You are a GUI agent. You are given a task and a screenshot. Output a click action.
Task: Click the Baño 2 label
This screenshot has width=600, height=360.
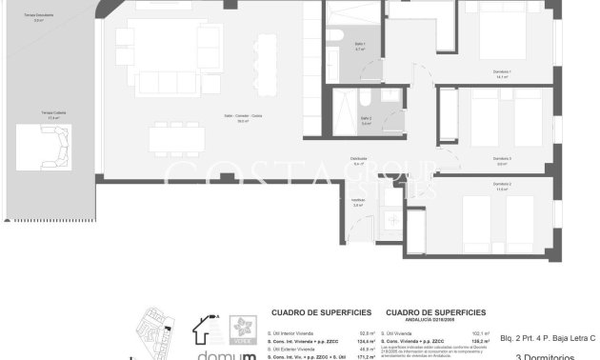[x=366, y=120]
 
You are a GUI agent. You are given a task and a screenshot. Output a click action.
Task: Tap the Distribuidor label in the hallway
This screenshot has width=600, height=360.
[x=358, y=161]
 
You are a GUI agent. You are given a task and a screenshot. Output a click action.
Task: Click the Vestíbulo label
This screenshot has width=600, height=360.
[x=358, y=202]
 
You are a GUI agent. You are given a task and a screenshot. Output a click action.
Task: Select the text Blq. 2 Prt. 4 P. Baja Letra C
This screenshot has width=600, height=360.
[x=548, y=338]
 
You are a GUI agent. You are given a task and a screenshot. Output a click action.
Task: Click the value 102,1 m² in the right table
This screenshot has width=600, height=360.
[x=480, y=332]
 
